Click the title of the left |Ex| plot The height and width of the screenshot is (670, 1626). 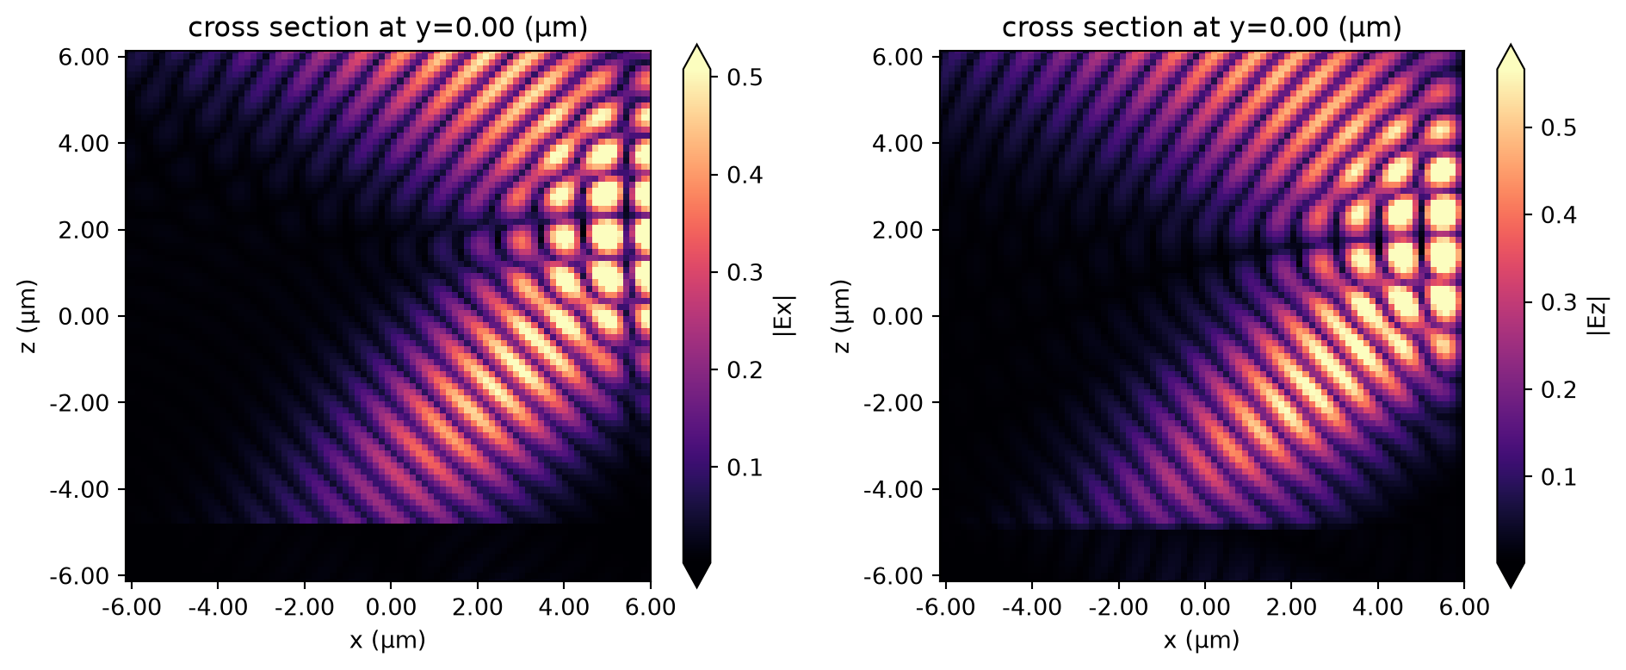pos(388,28)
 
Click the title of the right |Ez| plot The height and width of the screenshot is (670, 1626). pos(1202,28)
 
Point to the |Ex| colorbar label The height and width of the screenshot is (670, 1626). pos(784,315)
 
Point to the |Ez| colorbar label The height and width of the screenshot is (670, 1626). pos(1598,315)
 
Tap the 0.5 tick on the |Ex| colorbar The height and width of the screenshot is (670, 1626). pos(745,78)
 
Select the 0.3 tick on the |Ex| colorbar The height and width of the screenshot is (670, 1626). pos(745,272)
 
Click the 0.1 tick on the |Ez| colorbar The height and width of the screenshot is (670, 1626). pos(1559,476)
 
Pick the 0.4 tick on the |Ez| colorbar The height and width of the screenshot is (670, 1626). pos(1559,214)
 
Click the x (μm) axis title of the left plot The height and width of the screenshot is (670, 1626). pos(388,641)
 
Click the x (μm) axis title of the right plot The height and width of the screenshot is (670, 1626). pos(1202,641)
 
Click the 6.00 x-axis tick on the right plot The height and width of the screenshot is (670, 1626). pos(1464,607)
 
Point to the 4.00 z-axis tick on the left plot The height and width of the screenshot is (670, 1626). pos(85,143)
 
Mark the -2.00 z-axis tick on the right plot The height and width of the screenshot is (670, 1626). pos(893,403)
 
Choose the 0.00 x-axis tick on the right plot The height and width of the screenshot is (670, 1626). pos(1204,607)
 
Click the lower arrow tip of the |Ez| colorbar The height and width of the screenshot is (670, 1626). pos(1511,587)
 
